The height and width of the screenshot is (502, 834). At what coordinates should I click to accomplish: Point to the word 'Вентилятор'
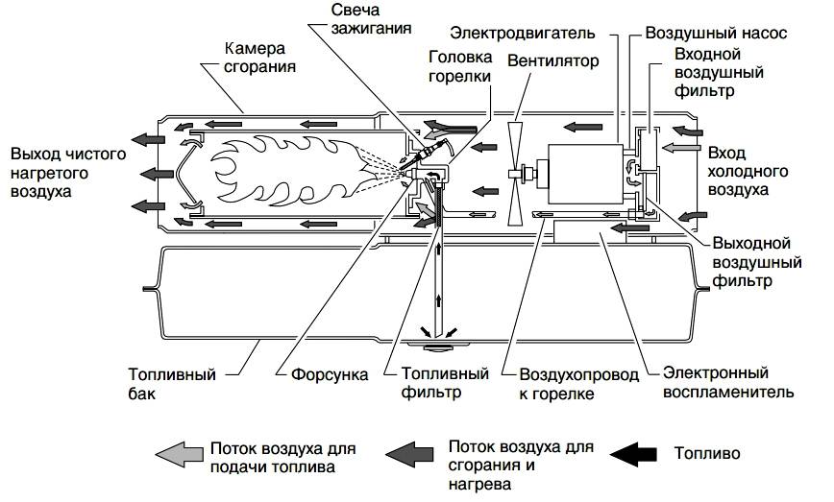click(x=552, y=60)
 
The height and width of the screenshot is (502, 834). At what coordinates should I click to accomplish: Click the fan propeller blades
click(x=517, y=172)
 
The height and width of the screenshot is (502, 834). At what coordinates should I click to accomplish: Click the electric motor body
click(x=576, y=173)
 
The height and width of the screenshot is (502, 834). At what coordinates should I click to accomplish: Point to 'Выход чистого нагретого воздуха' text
click(x=59, y=172)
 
